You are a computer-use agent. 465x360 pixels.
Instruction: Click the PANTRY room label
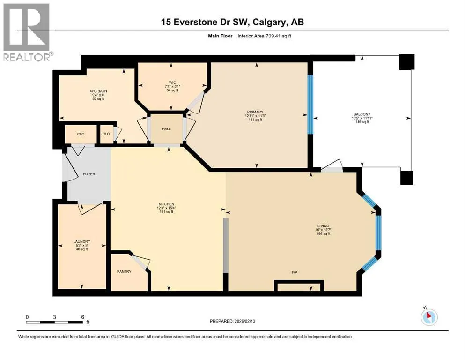[124, 271]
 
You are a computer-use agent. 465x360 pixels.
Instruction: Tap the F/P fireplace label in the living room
[294, 272]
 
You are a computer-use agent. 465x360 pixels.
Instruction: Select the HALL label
[166, 129]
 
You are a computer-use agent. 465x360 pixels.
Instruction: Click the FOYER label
[89, 174]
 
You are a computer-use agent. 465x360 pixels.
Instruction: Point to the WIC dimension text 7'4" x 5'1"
[172, 86]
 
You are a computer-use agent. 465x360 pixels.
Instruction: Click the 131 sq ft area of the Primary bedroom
[255, 120]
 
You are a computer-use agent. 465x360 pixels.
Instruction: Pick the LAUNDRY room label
[81, 241]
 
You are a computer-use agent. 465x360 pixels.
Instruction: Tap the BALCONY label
[362, 114]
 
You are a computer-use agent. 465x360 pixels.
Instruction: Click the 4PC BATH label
[98, 91]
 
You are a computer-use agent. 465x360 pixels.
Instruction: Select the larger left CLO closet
[81, 134]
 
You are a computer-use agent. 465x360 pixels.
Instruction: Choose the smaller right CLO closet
[106, 134]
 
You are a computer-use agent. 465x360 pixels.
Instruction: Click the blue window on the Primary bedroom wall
[310, 105]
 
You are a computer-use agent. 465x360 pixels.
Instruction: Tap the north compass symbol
[429, 317]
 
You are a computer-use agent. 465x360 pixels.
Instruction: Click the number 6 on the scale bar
[83, 317]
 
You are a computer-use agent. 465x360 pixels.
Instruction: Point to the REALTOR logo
[26, 32]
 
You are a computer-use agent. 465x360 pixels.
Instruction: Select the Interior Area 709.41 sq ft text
[264, 36]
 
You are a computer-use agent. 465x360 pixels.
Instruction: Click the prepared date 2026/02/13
[244, 321]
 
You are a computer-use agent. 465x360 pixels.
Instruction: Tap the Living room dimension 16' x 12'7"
[323, 230]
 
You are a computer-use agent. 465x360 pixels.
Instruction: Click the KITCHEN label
[166, 204]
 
